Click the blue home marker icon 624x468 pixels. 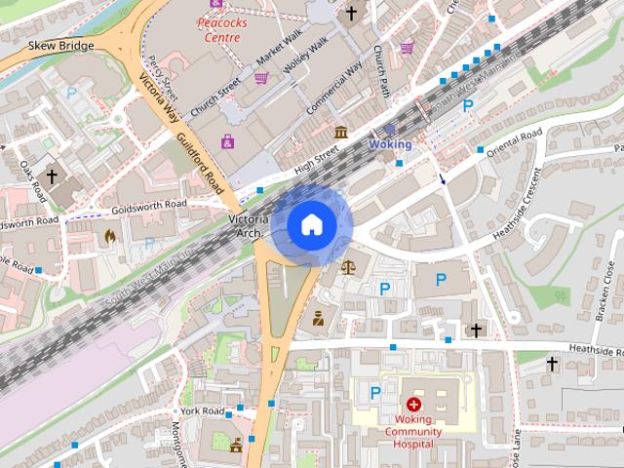click(311, 225)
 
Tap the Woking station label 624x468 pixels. click(390, 144)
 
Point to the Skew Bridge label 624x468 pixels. click(61, 46)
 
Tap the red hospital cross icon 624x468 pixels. click(413, 404)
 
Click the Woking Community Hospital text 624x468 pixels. click(413, 431)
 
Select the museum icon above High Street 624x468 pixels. click(340, 132)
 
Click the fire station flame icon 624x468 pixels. click(108, 235)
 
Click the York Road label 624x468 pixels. click(202, 410)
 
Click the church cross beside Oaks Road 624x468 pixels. click(51, 178)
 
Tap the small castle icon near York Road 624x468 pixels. click(236, 445)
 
